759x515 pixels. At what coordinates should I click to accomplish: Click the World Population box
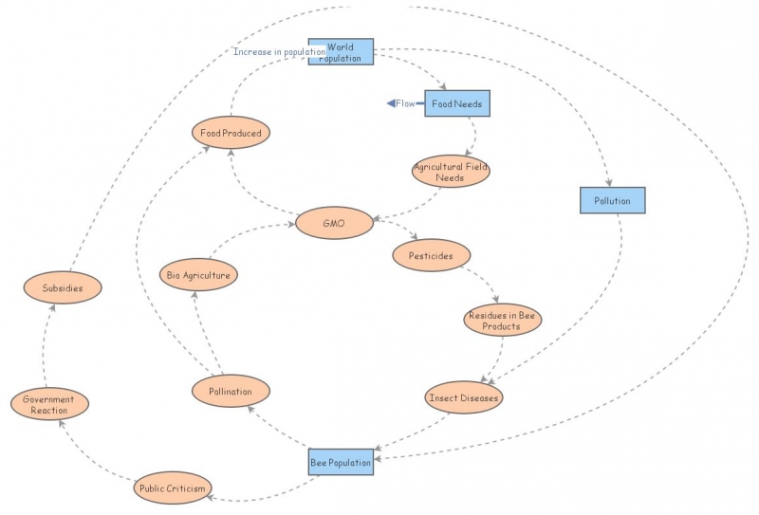341,52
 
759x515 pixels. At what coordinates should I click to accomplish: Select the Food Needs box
457,102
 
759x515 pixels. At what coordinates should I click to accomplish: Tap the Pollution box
612,200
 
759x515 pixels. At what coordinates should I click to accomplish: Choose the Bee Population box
341,461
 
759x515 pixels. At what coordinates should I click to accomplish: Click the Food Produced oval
231,133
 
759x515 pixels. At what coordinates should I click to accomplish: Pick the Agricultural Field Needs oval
451,172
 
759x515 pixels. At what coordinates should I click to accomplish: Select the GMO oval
333,224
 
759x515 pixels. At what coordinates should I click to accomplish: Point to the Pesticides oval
431,255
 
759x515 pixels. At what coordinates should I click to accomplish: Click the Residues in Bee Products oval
502,321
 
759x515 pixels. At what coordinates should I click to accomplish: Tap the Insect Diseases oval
462,397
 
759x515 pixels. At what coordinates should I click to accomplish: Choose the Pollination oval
231,391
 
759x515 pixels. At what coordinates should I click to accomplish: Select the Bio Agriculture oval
198,274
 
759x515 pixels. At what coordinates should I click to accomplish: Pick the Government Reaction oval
49,405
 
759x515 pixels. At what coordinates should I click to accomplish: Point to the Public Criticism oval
172,487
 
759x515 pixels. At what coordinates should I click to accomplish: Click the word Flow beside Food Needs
406,103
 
